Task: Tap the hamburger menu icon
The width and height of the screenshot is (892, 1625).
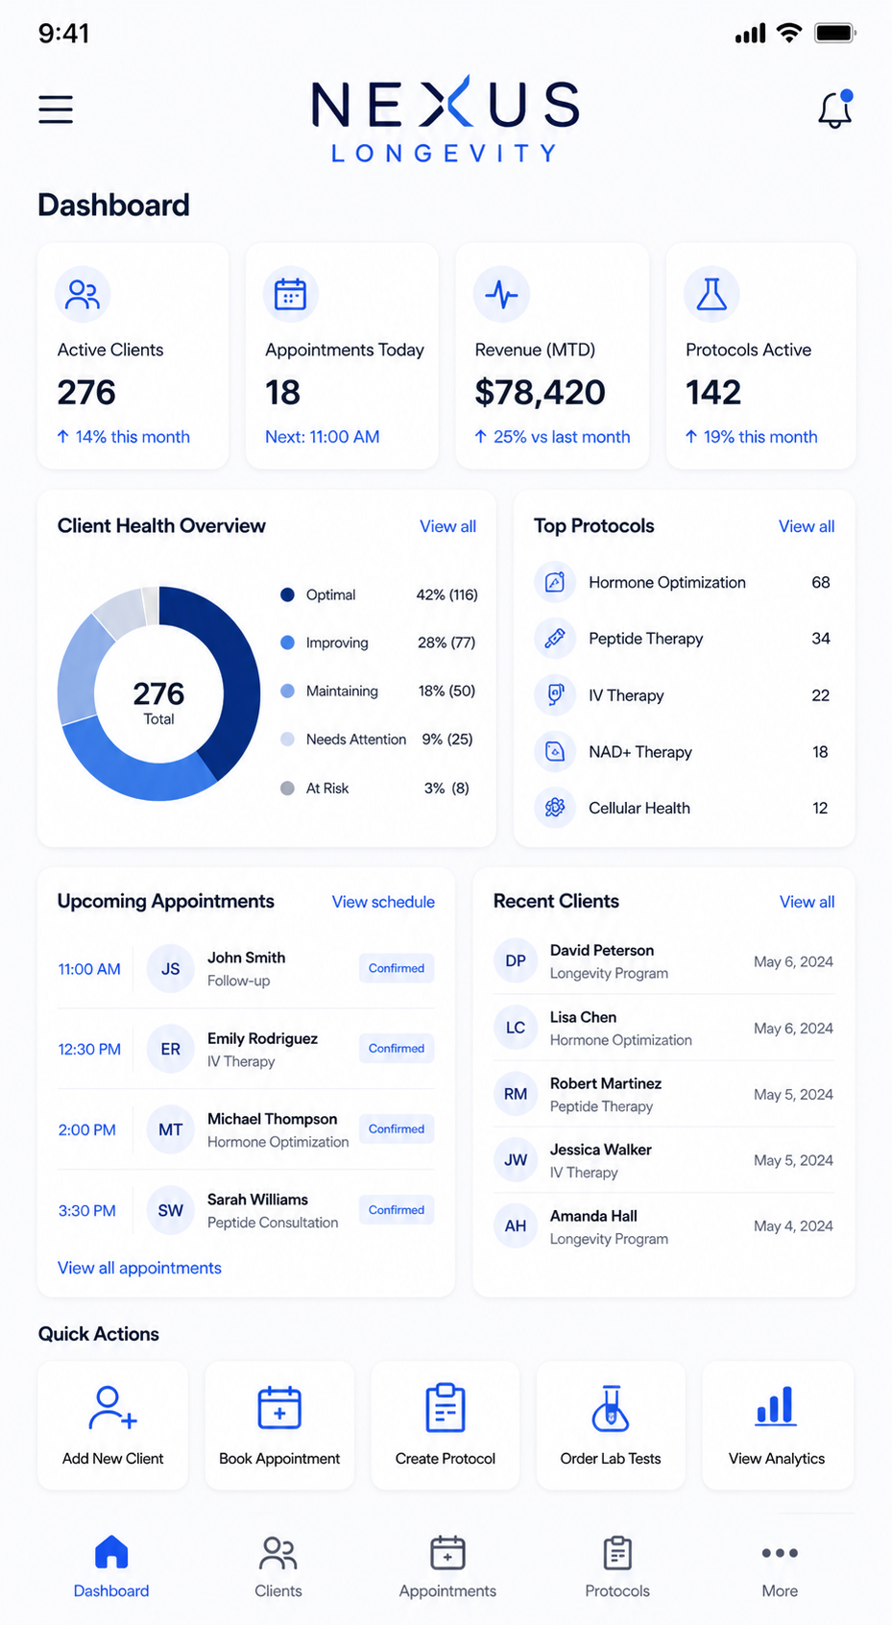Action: coord(56,109)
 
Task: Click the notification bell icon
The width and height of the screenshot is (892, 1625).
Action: coord(835,109)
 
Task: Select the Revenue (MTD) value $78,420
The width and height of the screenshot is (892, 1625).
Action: coord(540,393)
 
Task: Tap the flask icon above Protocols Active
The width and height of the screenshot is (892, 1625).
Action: coord(711,294)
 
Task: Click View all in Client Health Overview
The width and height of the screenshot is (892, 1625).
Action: coord(447,526)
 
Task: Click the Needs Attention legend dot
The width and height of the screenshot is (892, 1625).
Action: coord(287,740)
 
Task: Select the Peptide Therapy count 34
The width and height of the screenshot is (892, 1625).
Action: coord(820,639)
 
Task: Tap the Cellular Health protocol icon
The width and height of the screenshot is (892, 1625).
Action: coord(555,808)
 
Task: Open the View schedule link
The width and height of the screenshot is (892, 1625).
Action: coord(383,902)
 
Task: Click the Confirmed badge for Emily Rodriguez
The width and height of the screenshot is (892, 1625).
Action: coord(396,1048)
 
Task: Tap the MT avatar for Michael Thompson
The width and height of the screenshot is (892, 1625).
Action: coord(170,1129)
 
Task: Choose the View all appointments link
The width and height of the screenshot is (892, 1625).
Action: coord(139,1268)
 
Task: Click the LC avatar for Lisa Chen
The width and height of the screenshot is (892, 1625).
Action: coord(516,1028)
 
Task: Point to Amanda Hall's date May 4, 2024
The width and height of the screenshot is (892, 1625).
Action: coord(793,1226)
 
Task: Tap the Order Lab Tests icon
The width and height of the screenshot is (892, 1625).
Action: coord(611,1408)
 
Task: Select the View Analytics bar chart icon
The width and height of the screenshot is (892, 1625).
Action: coord(775,1407)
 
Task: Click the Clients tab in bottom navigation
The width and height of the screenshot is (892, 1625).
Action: coord(277,1567)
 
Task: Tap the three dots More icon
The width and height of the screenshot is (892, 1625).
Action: coord(780,1553)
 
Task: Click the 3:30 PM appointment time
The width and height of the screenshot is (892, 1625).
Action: coord(87,1211)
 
